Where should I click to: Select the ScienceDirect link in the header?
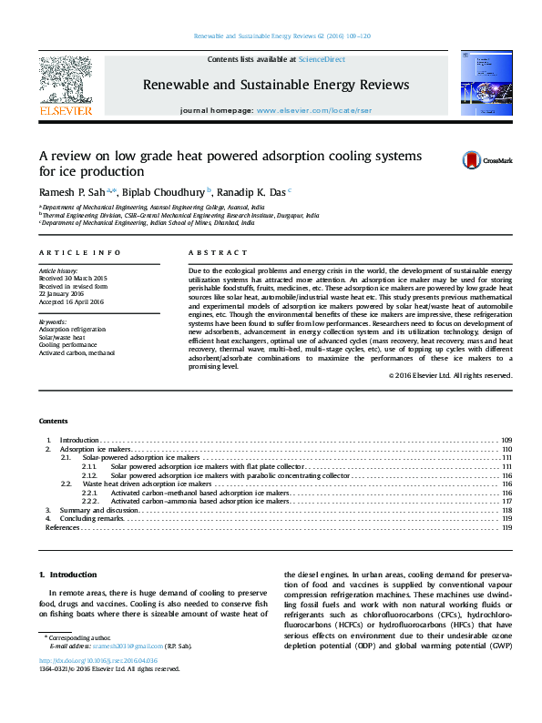pyautogui.click(x=322, y=59)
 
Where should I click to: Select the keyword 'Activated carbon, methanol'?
pyautogui.click(x=77, y=352)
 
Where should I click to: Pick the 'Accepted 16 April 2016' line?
pyautogui.click(x=72, y=301)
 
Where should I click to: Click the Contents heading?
pyautogui.click(x=53, y=421)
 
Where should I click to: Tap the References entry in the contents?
pyautogui.click(x=62, y=527)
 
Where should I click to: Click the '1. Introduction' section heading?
pyautogui.click(x=68, y=575)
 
